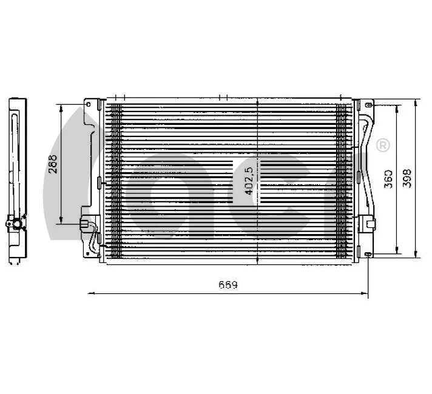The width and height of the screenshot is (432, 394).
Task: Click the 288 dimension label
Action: click(x=53, y=164)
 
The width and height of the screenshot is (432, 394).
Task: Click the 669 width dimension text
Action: click(x=228, y=284)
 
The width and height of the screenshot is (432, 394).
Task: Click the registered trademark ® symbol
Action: click(x=383, y=145)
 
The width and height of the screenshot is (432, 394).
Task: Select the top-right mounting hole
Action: click(x=369, y=105)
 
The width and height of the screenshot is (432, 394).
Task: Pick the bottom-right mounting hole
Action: click(x=368, y=253)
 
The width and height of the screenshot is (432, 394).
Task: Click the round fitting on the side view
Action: click(x=18, y=225)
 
